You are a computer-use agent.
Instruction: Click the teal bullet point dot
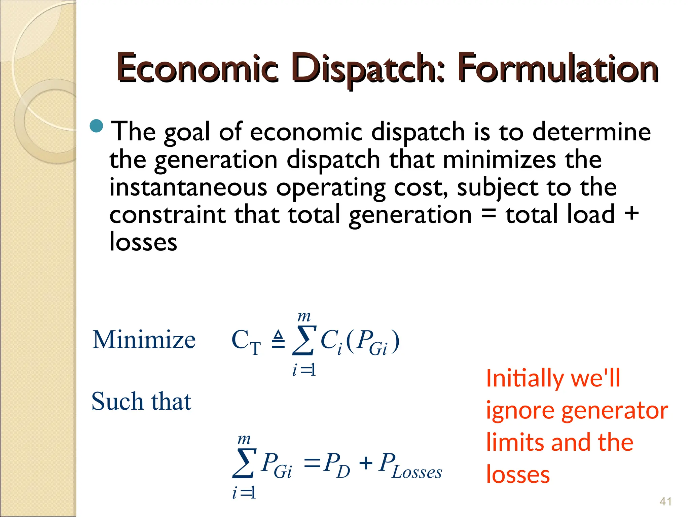click(x=97, y=126)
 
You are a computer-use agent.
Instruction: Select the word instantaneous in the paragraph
click(x=188, y=187)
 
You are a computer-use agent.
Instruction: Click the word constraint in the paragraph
click(x=167, y=215)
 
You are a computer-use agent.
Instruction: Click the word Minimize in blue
click(x=144, y=340)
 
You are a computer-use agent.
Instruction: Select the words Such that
click(x=141, y=401)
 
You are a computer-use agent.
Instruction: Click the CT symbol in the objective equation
click(x=246, y=341)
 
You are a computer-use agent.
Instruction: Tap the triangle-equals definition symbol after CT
click(x=278, y=340)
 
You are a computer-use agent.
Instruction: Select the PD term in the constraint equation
click(x=336, y=466)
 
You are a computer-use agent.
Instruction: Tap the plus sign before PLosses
click(x=366, y=463)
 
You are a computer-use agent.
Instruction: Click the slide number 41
click(x=665, y=502)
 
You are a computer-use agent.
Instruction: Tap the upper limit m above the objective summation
click(x=304, y=316)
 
